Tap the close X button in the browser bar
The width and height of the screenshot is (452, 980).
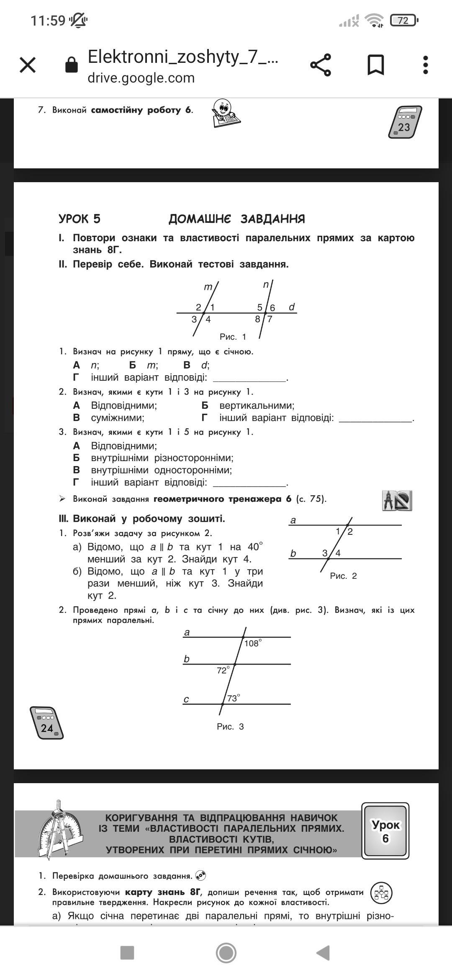(x=28, y=65)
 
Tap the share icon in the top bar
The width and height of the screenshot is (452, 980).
(x=321, y=65)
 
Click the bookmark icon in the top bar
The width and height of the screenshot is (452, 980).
(x=375, y=65)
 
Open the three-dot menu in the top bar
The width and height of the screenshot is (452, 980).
(x=426, y=65)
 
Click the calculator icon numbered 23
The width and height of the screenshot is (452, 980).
(x=405, y=122)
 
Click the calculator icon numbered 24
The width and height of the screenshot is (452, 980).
(x=46, y=722)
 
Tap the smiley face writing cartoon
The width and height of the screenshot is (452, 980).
(x=226, y=113)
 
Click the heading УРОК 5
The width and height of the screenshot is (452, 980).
(x=80, y=219)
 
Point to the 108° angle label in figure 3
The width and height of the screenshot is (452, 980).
(x=253, y=643)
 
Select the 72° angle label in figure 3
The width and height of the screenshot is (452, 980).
(x=223, y=670)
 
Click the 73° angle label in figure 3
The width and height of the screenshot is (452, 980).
(x=233, y=698)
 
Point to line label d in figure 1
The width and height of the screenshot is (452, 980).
(x=292, y=307)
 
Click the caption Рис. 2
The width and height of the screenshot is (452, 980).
(x=343, y=576)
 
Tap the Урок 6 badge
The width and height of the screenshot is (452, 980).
(x=385, y=831)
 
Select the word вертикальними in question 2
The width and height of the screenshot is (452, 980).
(x=257, y=405)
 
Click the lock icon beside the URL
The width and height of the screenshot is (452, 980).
(x=72, y=65)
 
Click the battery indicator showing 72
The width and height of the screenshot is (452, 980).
(x=403, y=20)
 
